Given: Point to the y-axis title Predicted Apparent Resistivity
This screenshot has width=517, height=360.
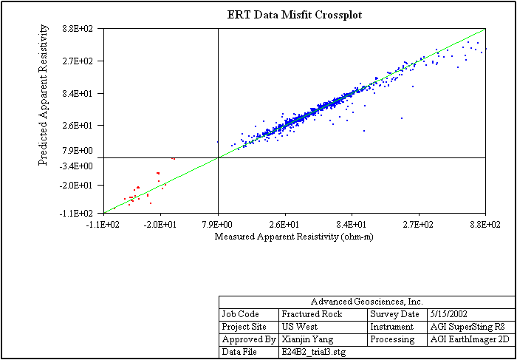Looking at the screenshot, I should point(44,95).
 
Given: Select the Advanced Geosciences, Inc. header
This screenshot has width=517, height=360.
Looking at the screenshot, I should point(366,302).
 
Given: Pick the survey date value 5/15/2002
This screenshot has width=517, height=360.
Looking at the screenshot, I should point(451,314).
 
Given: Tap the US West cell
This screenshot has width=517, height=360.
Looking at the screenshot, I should point(298,327).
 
